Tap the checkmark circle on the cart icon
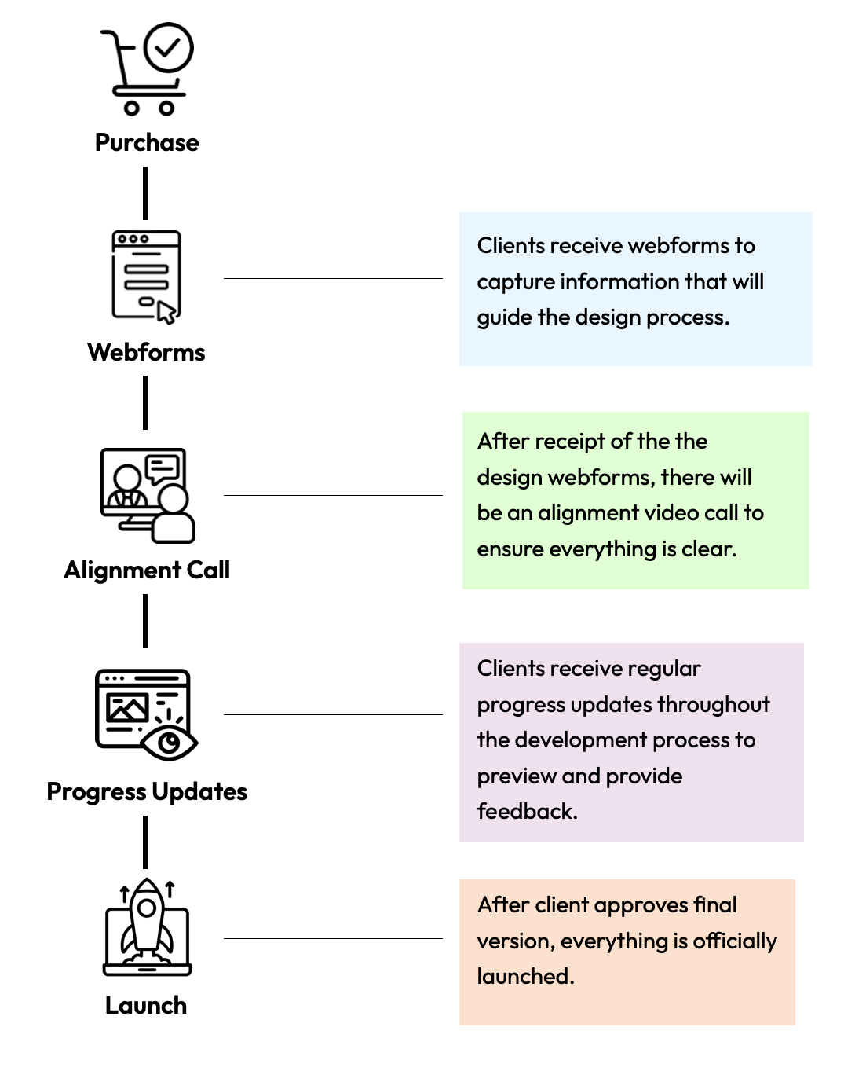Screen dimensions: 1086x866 click(169, 48)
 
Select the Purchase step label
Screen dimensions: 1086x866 click(147, 142)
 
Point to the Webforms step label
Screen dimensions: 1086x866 click(146, 352)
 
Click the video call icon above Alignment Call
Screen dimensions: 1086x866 click(147, 495)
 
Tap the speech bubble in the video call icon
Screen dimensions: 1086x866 click(163, 469)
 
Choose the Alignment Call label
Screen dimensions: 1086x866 click(147, 570)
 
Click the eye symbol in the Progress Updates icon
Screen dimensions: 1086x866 click(169, 742)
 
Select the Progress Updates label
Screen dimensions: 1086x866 click(147, 791)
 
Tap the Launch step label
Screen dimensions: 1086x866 click(146, 1005)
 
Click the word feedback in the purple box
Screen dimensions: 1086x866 click(527, 811)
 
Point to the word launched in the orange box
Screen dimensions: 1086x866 click(525, 976)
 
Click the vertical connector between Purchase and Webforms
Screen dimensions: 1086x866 click(145, 193)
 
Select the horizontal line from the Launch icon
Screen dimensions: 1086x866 click(333, 938)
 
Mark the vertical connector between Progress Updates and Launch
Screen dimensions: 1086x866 click(145, 842)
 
